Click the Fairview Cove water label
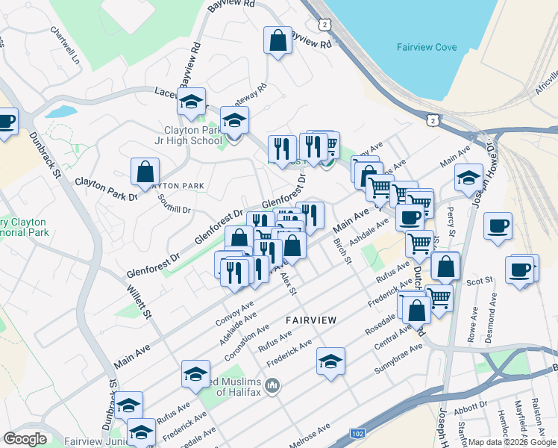[426, 47]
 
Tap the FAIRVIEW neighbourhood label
[311, 320]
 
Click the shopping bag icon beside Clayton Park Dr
[145, 171]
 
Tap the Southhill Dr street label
[175, 204]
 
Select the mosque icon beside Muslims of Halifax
[272, 386]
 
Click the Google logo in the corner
[25, 439]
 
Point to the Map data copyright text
[512, 442]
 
